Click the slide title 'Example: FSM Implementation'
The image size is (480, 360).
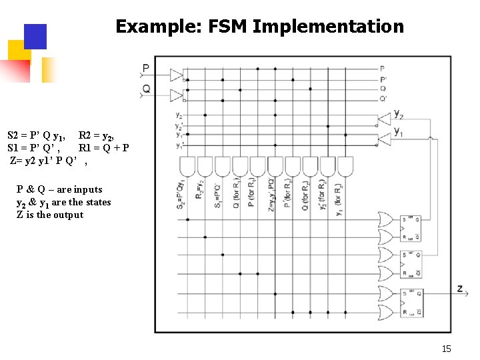click(x=259, y=27)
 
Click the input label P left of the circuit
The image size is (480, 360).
click(x=146, y=68)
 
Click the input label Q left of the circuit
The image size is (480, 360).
click(x=146, y=89)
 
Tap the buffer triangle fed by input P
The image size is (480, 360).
click(x=177, y=74)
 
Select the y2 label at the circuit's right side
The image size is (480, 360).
click(x=398, y=114)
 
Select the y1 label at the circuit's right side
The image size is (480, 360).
click(x=398, y=132)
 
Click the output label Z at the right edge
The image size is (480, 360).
click(x=459, y=288)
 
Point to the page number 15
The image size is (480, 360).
click(x=446, y=349)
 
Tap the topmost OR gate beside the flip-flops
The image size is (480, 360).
click(x=385, y=219)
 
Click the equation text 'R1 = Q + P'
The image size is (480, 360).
click(x=104, y=148)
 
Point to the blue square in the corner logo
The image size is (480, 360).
click(x=35, y=37)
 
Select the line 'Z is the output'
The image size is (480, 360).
click(x=50, y=215)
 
